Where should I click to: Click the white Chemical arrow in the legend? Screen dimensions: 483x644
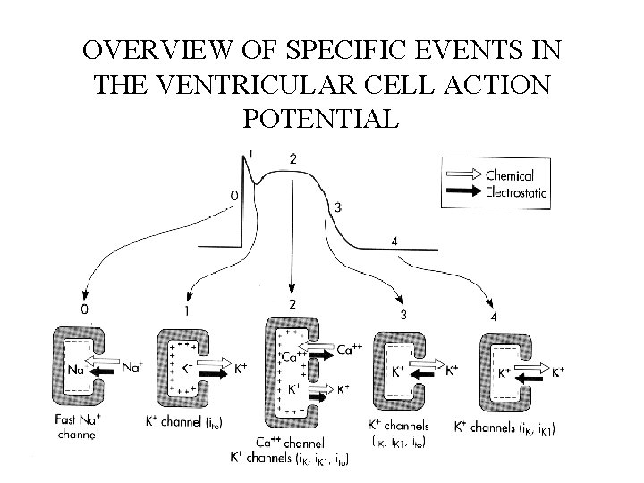pyautogui.click(x=463, y=174)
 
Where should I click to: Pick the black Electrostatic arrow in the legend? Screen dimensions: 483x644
pyautogui.click(x=463, y=191)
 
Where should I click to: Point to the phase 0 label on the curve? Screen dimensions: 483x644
pyautogui.click(x=234, y=194)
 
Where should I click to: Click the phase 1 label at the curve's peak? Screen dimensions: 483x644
pyautogui.click(x=251, y=154)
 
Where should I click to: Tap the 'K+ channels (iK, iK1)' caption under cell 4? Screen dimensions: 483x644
pyautogui.click(x=504, y=429)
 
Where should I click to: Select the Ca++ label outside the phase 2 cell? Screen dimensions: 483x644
pyautogui.click(x=350, y=352)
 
